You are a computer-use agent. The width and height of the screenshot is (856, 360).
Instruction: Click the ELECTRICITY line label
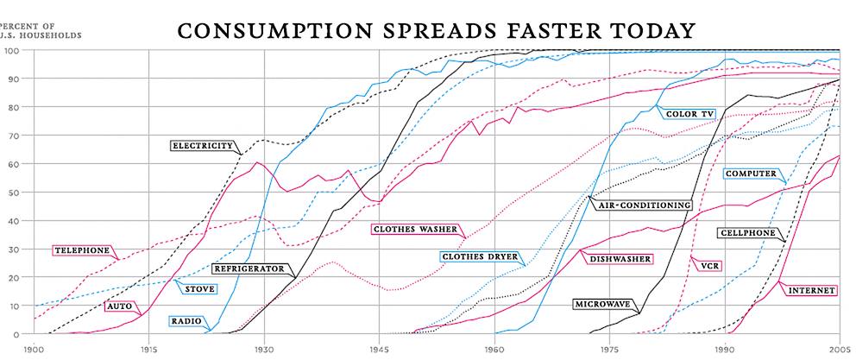click(202, 146)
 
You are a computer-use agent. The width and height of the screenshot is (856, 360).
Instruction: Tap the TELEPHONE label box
click(82, 250)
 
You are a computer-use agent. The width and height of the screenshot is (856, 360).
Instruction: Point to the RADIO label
click(186, 322)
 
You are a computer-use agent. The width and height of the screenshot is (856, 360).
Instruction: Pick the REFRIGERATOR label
click(249, 269)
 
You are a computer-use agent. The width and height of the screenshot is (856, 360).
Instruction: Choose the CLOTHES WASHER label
click(416, 230)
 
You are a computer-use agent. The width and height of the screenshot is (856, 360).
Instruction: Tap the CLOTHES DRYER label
click(479, 256)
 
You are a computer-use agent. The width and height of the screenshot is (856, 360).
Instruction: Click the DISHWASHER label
click(620, 258)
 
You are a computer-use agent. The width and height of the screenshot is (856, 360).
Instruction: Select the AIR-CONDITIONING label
click(643, 205)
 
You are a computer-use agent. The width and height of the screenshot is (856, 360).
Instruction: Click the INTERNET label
click(811, 291)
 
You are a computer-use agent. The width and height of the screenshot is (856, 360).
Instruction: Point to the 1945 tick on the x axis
click(378, 350)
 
